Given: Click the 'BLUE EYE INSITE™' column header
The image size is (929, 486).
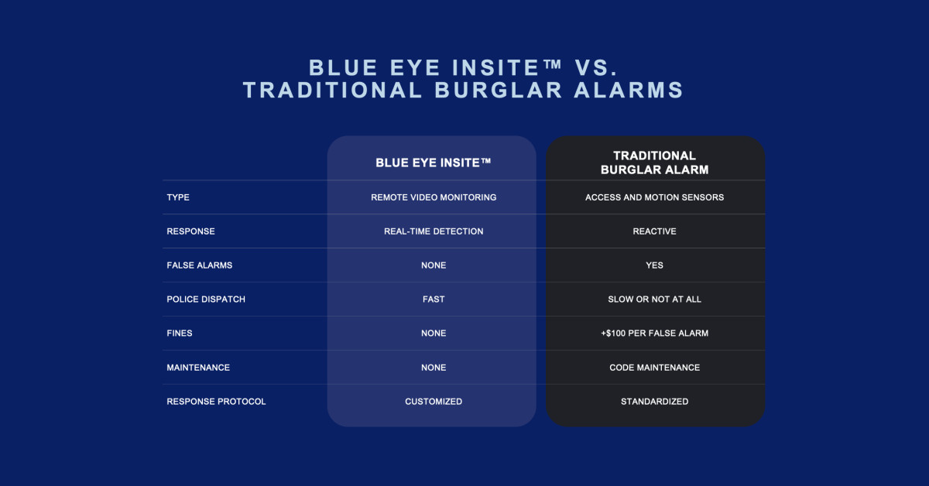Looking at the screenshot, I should coord(433,163).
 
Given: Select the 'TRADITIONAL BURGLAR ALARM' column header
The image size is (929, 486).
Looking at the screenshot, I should coord(654,163).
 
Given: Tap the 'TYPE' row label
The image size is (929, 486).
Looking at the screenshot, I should coord(178,197).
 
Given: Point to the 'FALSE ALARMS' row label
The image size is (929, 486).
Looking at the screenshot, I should coord(200,265).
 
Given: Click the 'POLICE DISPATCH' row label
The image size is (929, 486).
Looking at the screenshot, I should coord(206,299).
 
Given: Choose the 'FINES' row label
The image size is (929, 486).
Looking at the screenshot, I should coord(180,334).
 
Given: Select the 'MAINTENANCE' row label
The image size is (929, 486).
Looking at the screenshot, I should coord(198,368).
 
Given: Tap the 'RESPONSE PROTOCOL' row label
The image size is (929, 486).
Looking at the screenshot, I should coord(216,402).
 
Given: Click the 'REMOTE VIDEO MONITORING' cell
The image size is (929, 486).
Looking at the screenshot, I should coord(434,197).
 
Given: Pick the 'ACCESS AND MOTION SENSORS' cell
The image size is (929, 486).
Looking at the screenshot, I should coord(654,197).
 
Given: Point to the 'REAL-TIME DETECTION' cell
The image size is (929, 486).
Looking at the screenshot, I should coord(434,231).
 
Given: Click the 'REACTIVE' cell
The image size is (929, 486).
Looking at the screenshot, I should coord(654,231).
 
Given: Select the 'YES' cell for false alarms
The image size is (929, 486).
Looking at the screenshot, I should coord(654,265).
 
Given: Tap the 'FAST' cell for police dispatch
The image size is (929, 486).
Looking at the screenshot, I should coord(434,299).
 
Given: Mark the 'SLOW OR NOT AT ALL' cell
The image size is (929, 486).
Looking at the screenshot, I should coord(654,299).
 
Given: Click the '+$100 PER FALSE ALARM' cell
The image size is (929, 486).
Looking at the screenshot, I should coord(654,334).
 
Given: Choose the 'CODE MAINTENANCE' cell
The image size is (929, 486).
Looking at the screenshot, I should coord(654,368).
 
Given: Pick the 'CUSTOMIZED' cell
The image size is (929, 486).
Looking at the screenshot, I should coord(434,402).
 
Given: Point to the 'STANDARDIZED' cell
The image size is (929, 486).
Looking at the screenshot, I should coord(654,402).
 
